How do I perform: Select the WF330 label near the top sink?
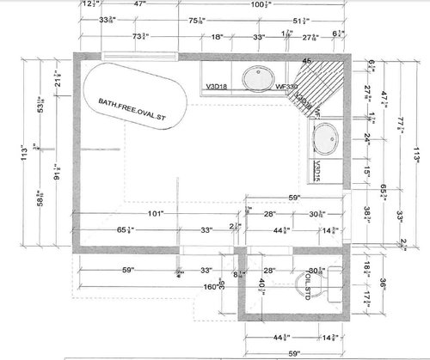(287, 86)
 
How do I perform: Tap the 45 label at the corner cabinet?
(306, 62)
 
